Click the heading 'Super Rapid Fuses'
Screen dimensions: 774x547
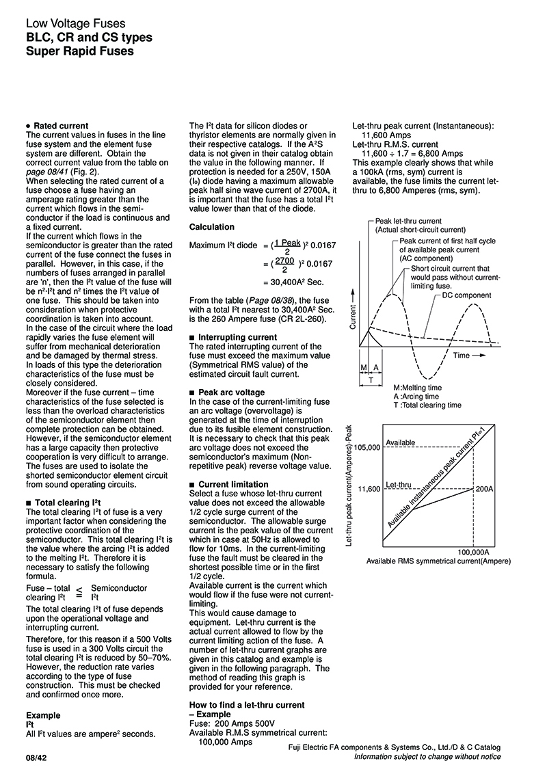pyautogui.click(x=79, y=51)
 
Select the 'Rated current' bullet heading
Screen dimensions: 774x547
pyautogui.click(x=61, y=126)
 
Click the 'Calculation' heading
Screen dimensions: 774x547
pyautogui.click(x=211, y=227)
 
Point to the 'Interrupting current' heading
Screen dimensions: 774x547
pyautogui.click(x=237, y=337)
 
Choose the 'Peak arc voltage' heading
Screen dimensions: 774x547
pyautogui.click(x=231, y=392)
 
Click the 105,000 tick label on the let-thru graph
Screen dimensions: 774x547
pyautogui.click(x=366, y=448)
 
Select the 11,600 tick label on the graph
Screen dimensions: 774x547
pyautogui.click(x=369, y=490)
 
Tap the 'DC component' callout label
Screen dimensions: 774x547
pyautogui.click(x=466, y=295)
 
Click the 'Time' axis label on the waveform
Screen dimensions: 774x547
pyautogui.click(x=462, y=356)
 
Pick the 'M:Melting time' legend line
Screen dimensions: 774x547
pyautogui.click(x=417, y=388)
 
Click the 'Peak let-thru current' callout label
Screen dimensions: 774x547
pyautogui.click(x=409, y=222)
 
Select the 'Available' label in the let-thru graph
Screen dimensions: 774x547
pyautogui.click(x=401, y=443)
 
